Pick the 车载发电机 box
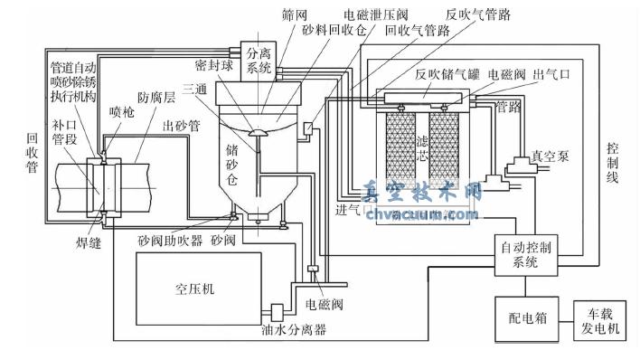601,321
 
